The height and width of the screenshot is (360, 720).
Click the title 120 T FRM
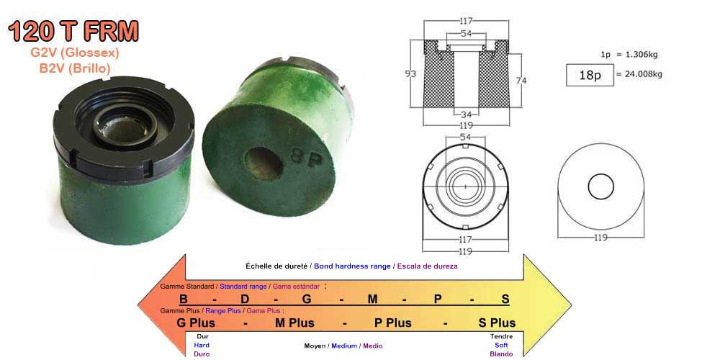pos(73,31)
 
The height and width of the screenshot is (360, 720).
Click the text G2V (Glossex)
pos(75,53)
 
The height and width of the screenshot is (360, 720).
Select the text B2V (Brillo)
pos(75,68)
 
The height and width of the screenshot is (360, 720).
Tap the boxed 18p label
pos(590,76)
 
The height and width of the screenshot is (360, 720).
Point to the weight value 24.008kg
pos(644,74)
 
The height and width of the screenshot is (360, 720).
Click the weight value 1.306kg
pos(639,55)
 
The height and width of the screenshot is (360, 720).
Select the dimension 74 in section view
pos(521,81)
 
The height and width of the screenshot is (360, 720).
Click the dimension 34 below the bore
pos(466,114)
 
